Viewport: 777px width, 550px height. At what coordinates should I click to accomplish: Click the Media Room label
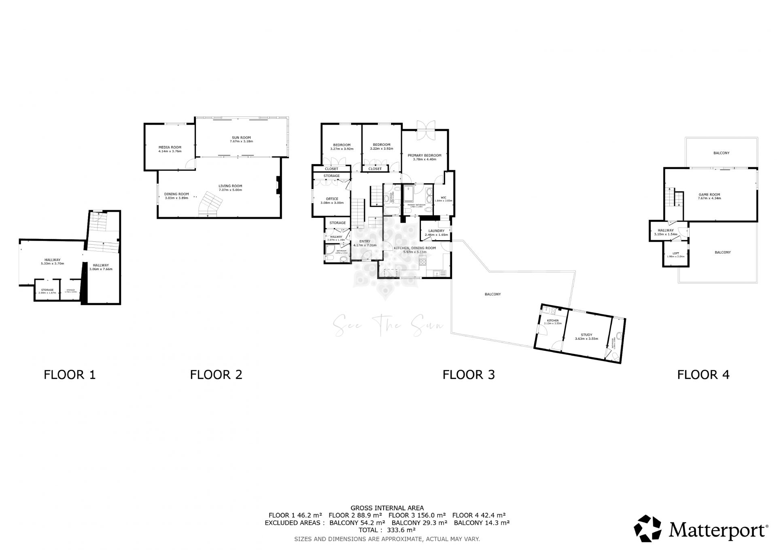[170, 147]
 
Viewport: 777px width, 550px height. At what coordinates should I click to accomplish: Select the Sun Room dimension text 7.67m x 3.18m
[241, 141]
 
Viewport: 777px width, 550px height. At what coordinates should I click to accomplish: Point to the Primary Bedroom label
[424, 155]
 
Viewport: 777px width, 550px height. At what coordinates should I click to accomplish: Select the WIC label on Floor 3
[443, 198]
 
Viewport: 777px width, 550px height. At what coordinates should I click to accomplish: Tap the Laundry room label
[436, 231]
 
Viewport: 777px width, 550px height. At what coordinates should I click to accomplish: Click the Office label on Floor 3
[332, 199]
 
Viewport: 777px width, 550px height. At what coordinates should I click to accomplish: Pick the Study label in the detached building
[586, 335]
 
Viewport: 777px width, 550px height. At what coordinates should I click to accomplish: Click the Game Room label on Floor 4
[709, 194]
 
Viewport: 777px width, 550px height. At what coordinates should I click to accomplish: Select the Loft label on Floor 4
[675, 253]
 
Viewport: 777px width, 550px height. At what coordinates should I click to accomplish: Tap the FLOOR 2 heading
[216, 375]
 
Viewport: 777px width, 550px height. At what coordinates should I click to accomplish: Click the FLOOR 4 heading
[703, 375]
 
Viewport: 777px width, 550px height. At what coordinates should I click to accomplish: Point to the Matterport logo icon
[647, 528]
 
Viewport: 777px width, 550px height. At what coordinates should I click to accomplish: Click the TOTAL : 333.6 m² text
[387, 530]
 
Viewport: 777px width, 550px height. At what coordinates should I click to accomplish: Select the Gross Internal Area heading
[387, 508]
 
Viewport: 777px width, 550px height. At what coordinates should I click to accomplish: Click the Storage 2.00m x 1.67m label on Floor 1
[47, 290]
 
